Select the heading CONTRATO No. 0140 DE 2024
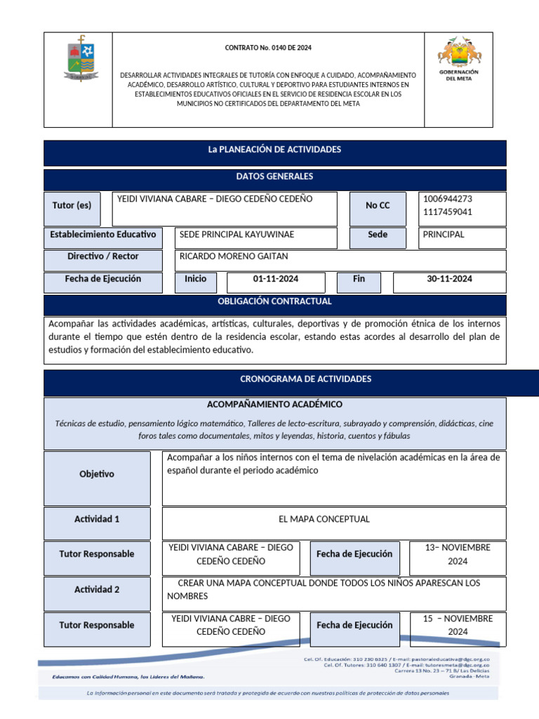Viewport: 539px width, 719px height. tap(268, 48)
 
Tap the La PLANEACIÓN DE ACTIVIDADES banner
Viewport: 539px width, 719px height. tap(275, 150)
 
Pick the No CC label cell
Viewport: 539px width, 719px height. tap(378, 206)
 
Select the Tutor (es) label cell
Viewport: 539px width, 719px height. tap(72, 206)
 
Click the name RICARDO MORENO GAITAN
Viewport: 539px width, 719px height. tap(234, 257)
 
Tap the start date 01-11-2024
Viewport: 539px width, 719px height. tap(276, 279)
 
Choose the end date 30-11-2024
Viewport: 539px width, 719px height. tap(449, 279)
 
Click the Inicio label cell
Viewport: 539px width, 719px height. tap(196, 279)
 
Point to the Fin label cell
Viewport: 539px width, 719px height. tap(359, 279)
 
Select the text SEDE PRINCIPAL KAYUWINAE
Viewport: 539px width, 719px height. tap(237, 235)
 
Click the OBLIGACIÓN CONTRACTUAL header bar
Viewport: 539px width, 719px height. tap(275, 302)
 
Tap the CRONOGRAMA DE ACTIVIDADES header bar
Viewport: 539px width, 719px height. tap(275, 380)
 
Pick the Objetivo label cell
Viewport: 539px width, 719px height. tap(97, 475)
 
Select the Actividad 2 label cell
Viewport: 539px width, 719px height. tap(97, 590)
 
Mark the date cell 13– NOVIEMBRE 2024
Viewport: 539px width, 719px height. tap(458, 555)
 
